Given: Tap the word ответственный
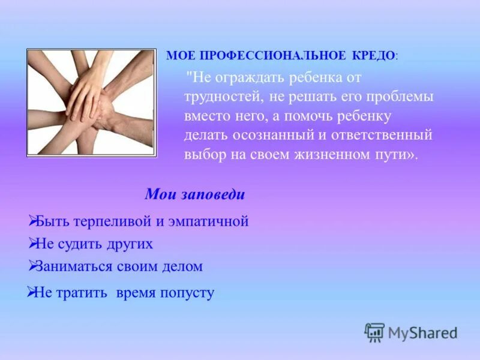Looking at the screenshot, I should tap(385, 135).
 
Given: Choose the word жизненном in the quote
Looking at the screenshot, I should tap(326, 154).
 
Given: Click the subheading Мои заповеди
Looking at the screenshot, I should tap(195, 195).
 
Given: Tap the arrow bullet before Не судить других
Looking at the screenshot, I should tap(33, 243).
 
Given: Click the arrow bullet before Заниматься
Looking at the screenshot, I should tap(33, 265).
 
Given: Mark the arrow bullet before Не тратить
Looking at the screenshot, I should tap(32, 292).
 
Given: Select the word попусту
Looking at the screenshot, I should tap(186, 293).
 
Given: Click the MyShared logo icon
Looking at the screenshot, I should tap(374, 332).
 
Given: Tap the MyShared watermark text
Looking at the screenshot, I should tap(422, 332).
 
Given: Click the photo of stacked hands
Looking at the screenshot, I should tap(91, 103).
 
